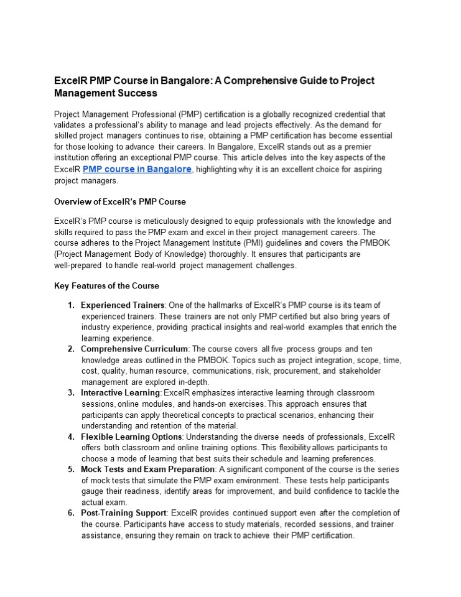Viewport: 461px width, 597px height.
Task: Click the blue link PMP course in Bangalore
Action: (x=136, y=169)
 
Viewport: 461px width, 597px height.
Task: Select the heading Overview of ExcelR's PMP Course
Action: (x=120, y=202)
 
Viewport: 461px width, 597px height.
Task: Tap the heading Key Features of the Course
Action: (x=106, y=286)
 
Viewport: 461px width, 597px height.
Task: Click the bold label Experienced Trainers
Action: (x=123, y=305)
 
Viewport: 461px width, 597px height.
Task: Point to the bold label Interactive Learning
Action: (x=121, y=393)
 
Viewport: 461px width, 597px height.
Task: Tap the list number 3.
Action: (x=70, y=393)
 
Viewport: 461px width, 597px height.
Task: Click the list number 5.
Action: (x=70, y=469)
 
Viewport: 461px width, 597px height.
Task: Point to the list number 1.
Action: (x=70, y=305)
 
